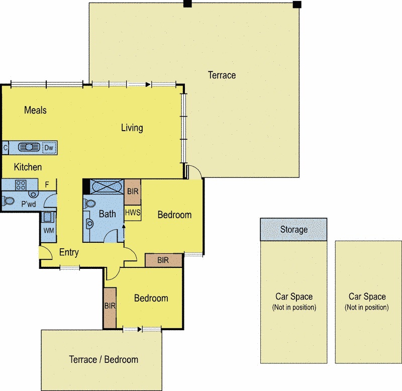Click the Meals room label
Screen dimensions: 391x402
click(x=35, y=110)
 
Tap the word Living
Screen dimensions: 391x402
click(x=132, y=128)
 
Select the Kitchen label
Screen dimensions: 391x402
click(x=28, y=167)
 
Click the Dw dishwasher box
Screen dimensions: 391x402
click(x=49, y=148)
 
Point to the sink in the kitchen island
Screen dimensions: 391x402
click(x=29, y=147)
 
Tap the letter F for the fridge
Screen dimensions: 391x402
click(x=47, y=184)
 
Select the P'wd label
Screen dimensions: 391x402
click(x=28, y=205)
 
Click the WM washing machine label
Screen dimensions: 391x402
click(x=49, y=230)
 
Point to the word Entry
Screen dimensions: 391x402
click(x=69, y=252)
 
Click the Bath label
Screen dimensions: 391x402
click(x=107, y=214)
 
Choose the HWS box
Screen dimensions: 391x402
click(x=132, y=213)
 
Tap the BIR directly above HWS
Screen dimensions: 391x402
click(x=133, y=191)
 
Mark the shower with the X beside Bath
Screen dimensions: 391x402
click(x=106, y=186)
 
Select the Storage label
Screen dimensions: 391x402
click(x=293, y=230)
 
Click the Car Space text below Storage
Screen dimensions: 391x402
click(x=294, y=297)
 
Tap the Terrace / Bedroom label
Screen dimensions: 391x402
click(x=103, y=359)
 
